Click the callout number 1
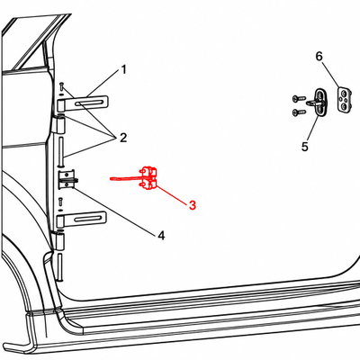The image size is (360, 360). pos(123,70)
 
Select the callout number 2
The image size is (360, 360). pos(123,138)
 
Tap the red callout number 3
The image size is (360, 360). pos(193,205)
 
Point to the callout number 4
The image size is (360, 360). pos(161,236)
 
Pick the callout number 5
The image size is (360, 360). pos(305,147)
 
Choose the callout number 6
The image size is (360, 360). pos(319,56)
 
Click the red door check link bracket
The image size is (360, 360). pos(148,178)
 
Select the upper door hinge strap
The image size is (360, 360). pos(82,103)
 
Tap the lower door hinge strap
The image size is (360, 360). pos(82,219)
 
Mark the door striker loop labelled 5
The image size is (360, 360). pos(319,102)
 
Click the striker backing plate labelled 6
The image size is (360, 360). pos(345,99)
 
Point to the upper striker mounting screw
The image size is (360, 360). pos(299,98)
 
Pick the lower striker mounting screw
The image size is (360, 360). pos(299,112)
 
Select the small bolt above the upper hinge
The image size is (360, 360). pos(61,87)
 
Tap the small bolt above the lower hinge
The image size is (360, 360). pos(60,202)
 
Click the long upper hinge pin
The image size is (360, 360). pos(61,150)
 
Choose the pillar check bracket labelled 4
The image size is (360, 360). pos(67,180)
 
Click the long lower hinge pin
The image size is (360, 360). pos(60,267)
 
